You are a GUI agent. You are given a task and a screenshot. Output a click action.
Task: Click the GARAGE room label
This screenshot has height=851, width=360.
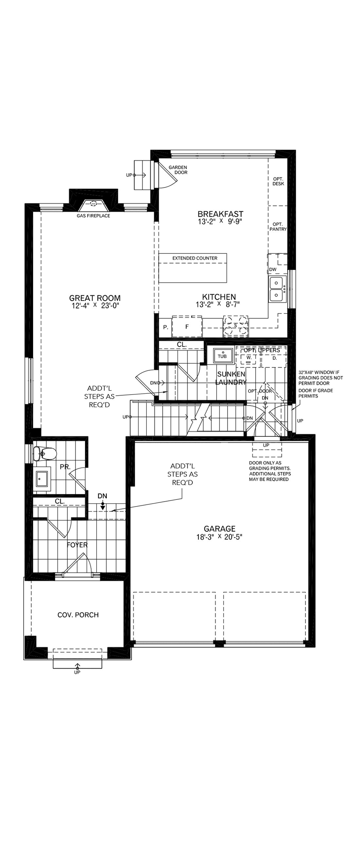click(x=219, y=529)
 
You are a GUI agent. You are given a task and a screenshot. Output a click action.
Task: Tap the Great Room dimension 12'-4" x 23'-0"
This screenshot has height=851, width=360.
click(x=95, y=306)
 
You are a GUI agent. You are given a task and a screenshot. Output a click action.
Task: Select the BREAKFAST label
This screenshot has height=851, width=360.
click(x=220, y=214)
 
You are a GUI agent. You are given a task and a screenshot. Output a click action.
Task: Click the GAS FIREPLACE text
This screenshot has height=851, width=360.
click(x=94, y=216)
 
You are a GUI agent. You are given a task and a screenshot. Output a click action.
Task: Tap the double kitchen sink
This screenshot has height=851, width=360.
click(x=276, y=289)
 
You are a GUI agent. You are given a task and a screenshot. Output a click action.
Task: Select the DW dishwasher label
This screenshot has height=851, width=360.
click(x=273, y=269)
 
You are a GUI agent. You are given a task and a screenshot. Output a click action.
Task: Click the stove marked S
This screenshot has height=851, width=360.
click(x=236, y=326)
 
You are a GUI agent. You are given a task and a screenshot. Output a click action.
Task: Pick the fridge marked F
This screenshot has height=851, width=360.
click(x=187, y=327)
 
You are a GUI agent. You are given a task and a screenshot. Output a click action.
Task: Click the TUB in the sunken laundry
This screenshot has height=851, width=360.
click(x=222, y=356)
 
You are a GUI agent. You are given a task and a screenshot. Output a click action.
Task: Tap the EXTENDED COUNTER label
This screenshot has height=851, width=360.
click(x=195, y=258)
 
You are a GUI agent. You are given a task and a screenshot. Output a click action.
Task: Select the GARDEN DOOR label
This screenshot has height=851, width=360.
click(x=178, y=170)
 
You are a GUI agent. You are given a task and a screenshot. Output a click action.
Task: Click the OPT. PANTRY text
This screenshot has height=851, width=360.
click(x=278, y=226)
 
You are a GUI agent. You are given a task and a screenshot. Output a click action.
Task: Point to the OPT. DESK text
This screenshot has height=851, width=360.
click(x=278, y=181)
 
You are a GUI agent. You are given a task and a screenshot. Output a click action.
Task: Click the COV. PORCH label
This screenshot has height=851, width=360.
click(x=78, y=615)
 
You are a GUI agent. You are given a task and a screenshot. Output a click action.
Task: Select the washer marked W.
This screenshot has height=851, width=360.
click(x=249, y=358)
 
